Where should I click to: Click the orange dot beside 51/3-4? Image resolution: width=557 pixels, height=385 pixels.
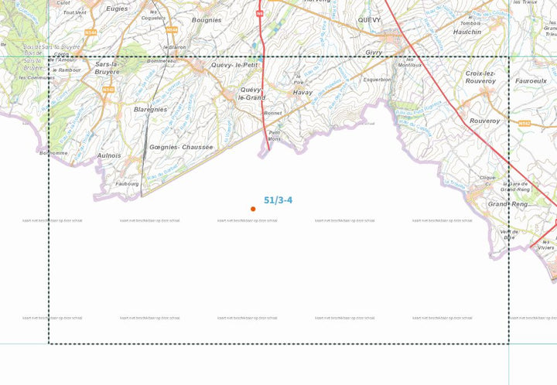253,209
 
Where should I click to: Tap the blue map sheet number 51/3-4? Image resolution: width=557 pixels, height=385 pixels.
278,200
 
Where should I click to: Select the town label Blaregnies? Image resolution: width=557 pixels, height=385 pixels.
150,110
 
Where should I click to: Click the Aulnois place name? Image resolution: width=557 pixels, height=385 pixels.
109,155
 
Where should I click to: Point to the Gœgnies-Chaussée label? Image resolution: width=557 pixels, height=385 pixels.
181,147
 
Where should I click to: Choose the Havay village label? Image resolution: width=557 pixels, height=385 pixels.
302,93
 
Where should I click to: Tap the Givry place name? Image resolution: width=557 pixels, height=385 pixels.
374,53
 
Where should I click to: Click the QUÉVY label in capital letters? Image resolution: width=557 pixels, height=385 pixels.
369,20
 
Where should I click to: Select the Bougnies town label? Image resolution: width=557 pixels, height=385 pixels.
207,20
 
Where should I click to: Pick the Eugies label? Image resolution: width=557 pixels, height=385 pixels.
117,9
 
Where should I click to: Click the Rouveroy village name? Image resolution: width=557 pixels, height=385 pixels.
484,121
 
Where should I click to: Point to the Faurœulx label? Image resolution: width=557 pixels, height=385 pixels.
531,80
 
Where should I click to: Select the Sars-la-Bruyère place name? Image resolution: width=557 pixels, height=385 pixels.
108,68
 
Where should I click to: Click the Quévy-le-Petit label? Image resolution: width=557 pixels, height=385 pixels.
234,66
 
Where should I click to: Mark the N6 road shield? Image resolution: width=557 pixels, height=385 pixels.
260,13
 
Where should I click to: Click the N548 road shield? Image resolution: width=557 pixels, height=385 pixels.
108,90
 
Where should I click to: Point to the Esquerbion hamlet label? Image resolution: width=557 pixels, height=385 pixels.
377,80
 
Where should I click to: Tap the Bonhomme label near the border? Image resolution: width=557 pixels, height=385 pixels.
53,153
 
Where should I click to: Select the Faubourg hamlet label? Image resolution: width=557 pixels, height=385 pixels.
127,184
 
